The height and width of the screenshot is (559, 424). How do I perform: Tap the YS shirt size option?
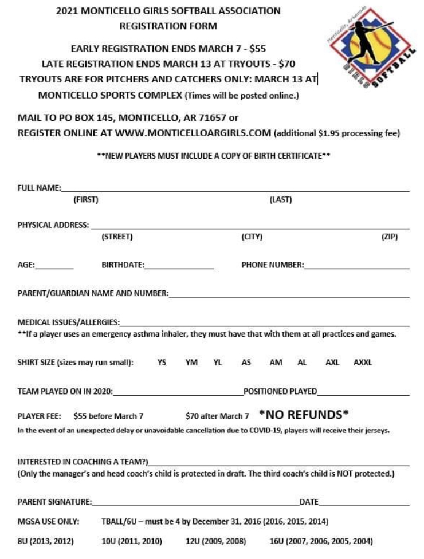point(162,363)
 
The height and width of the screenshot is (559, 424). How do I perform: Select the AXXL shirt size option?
point(363,363)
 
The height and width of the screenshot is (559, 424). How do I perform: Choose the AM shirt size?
point(276,363)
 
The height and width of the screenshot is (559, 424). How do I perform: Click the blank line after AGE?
point(54,267)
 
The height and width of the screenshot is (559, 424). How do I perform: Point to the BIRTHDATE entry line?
point(179,267)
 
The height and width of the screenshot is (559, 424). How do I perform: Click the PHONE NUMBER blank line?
point(357,267)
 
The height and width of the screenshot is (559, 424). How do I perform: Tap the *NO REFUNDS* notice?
point(304,414)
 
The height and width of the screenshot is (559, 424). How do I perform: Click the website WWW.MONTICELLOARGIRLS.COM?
point(193,133)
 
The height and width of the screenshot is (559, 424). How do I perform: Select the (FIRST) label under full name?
point(86,200)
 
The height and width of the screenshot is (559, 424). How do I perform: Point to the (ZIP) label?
point(390,237)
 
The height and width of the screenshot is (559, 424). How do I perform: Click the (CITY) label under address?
point(252,237)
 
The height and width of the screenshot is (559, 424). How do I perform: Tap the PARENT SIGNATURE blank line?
point(195,505)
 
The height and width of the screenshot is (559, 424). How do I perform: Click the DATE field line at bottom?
point(364,505)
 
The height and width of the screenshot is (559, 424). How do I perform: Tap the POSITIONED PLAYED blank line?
point(363,395)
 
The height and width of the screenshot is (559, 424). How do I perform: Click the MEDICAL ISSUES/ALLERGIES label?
point(68,322)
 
